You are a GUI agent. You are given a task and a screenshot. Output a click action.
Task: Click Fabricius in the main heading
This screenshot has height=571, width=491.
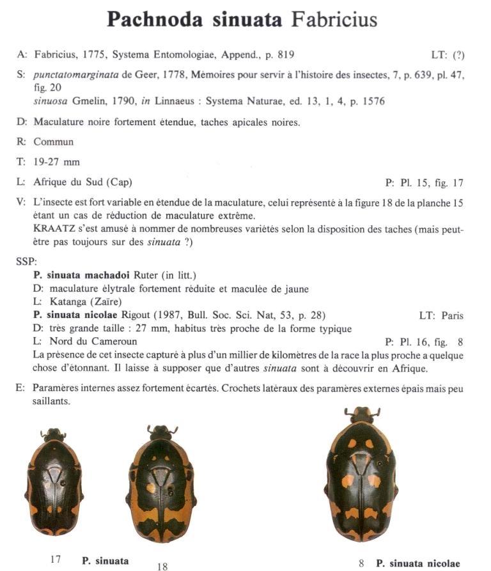(334, 19)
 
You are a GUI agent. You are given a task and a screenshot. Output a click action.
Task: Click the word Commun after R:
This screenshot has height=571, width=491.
(54, 142)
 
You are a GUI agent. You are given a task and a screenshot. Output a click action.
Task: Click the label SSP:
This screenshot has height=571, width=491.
(27, 261)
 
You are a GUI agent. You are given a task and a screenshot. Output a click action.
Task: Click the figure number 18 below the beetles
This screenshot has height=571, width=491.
(162, 565)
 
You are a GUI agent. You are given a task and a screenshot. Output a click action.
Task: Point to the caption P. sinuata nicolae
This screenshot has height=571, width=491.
(417, 563)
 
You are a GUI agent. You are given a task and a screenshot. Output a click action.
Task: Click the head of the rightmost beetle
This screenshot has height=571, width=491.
(362, 415)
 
